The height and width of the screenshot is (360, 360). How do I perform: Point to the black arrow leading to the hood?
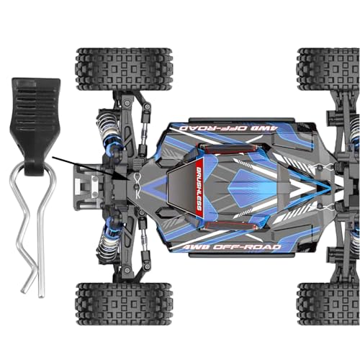[x=91, y=168]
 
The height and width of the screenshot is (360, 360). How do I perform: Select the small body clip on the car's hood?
[x=137, y=185]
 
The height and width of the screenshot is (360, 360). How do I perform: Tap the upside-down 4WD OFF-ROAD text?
[x=228, y=128]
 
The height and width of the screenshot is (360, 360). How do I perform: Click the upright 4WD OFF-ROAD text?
[x=231, y=247]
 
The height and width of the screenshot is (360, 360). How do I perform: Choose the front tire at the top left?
[x=124, y=69]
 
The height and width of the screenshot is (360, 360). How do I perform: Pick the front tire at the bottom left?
[x=124, y=304]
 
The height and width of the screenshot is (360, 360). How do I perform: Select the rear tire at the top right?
[x=328, y=69]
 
